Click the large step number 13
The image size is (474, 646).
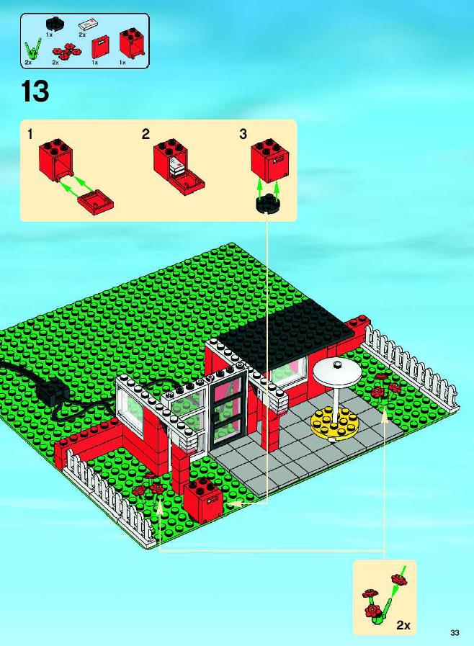pyautogui.click(x=35, y=91)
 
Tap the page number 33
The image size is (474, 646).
pyautogui.click(x=455, y=632)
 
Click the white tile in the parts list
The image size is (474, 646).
pyautogui.click(x=87, y=24)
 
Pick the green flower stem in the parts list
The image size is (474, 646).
pyautogui.click(x=32, y=50)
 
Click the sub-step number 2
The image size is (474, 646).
pyautogui.click(x=146, y=134)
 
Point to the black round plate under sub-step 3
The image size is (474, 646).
pyautogui.click(x=267, y=204)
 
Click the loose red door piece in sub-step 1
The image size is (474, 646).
pyautogui.click(x=95, y=202)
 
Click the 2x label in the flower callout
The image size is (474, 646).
pyautogui.click(x=403, y=625)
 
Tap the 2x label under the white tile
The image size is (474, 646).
pyautogui.click(x=82, y=35)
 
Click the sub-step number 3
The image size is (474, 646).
pyautogui.click(x=243, y=134)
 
